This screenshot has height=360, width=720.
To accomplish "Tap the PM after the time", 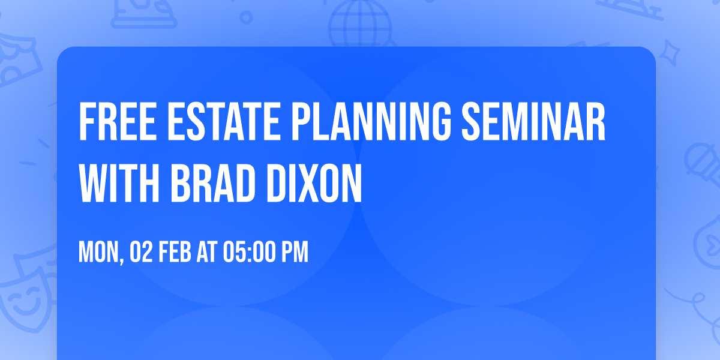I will tap(295, 253).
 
